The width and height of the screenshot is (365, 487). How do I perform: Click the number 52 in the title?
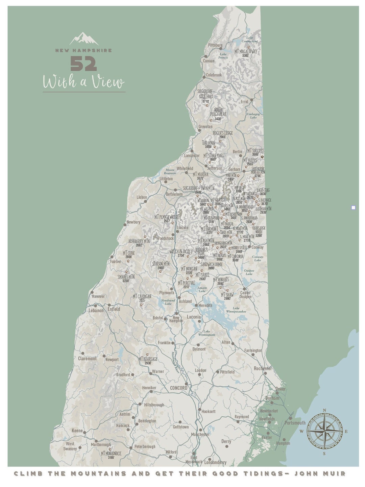tap(83, 64)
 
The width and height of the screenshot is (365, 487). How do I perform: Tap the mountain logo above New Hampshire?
tap(84, 39)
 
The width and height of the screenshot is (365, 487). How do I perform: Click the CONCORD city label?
tap(178, 388)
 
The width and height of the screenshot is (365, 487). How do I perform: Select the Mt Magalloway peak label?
tap(246, 52)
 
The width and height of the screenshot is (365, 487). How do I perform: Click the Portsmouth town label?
tap(295, 423)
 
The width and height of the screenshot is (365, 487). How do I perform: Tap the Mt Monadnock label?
tap(111, 454)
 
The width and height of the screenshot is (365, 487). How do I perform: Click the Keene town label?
tap(77, 431)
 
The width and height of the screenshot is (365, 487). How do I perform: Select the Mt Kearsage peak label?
tap(148, 359)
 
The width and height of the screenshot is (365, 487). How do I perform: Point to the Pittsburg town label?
tap(215, 45)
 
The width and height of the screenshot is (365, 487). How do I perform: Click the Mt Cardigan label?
tap(142, 297)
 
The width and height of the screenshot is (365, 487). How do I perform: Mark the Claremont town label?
tap(87, 359)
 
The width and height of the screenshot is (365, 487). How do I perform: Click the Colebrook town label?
tap(214, 75)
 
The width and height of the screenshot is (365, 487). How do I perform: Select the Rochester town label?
tap(263, 368)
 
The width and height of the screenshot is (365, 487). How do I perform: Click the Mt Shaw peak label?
tap(227, 295)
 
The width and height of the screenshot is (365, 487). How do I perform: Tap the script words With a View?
tap(83, 82)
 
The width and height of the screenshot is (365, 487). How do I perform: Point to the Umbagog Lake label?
tap(253, 116)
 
